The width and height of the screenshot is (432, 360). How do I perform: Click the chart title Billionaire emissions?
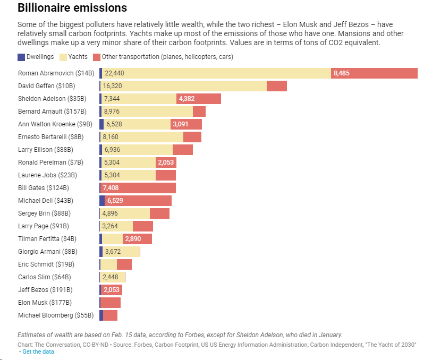tap(72, 8)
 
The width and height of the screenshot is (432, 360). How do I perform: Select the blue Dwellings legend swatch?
tap(21, 57)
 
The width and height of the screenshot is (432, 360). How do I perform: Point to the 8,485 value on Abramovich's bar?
tap(341, 73)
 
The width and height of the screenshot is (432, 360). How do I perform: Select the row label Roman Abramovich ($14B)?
tap(56, 73)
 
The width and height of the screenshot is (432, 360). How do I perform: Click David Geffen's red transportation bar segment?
tap(276, 86)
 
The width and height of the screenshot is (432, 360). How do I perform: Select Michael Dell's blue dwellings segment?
tap(102, 201)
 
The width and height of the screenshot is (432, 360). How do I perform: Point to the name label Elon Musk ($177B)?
tap(45, 303)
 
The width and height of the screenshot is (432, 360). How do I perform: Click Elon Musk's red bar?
tap(111, 303)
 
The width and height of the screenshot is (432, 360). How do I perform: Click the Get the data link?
tap(38, 352)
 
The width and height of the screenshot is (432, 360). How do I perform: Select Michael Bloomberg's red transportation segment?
tap(110, 315)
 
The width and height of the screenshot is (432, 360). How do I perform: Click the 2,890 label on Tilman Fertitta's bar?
tap(133, 239)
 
